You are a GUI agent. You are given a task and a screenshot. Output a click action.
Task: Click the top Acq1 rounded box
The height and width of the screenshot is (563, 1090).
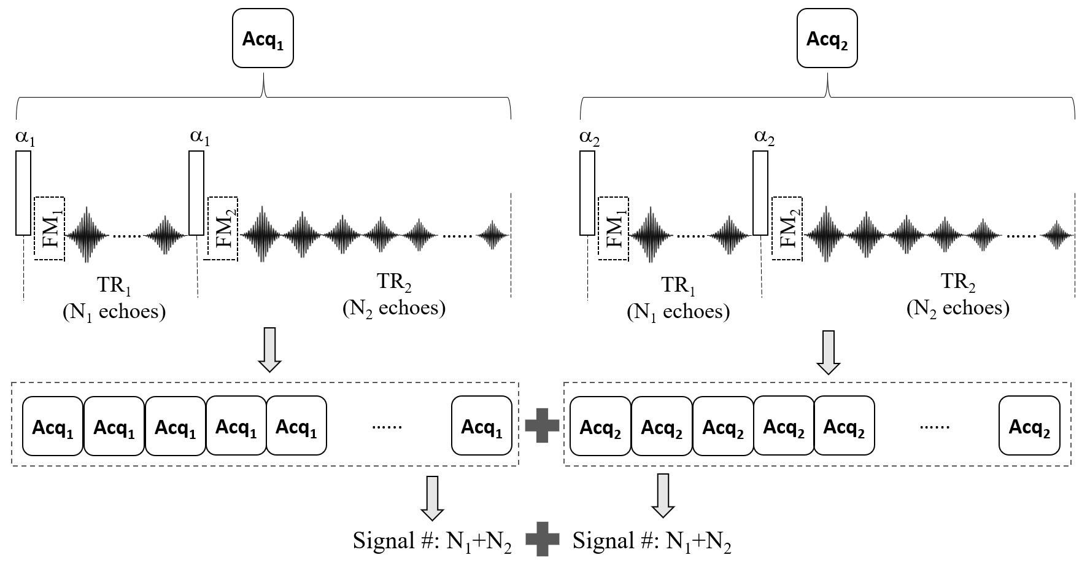click(263, 39)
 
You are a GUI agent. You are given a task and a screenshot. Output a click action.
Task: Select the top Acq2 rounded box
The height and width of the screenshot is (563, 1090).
click(827, 39)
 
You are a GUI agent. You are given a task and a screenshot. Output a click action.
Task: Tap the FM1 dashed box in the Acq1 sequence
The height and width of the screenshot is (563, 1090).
click(49, 228)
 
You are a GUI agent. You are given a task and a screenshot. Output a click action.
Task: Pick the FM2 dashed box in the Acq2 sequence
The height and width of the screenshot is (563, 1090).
click(787, 228)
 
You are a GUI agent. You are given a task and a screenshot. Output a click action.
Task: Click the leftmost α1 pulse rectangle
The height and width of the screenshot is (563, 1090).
click(23, 193)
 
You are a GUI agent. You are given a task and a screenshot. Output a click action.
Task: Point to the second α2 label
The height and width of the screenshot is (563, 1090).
click(763, 138)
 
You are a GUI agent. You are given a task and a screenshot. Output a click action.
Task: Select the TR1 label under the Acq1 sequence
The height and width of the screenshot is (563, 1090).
click(114, 285)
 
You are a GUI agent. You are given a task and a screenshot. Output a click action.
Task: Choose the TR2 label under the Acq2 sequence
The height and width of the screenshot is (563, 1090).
click(958, 282)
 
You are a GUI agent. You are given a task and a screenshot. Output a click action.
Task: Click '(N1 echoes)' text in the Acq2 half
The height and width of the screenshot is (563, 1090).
click(678, 312)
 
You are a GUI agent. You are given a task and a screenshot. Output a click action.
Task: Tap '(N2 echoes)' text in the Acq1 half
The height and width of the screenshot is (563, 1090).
click(394, 308)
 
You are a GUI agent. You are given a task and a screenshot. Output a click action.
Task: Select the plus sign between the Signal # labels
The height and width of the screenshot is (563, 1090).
click(543, 540)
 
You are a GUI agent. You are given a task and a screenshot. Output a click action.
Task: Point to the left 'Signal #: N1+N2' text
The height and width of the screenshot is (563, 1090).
click(432, 541)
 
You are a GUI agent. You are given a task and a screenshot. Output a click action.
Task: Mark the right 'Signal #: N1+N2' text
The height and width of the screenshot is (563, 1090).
click(652, 541)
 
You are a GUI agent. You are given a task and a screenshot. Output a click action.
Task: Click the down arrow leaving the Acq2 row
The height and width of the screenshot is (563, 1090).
click(663, 495)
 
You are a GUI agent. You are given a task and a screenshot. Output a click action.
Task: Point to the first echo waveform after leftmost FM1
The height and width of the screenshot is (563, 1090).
click(87, 235)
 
